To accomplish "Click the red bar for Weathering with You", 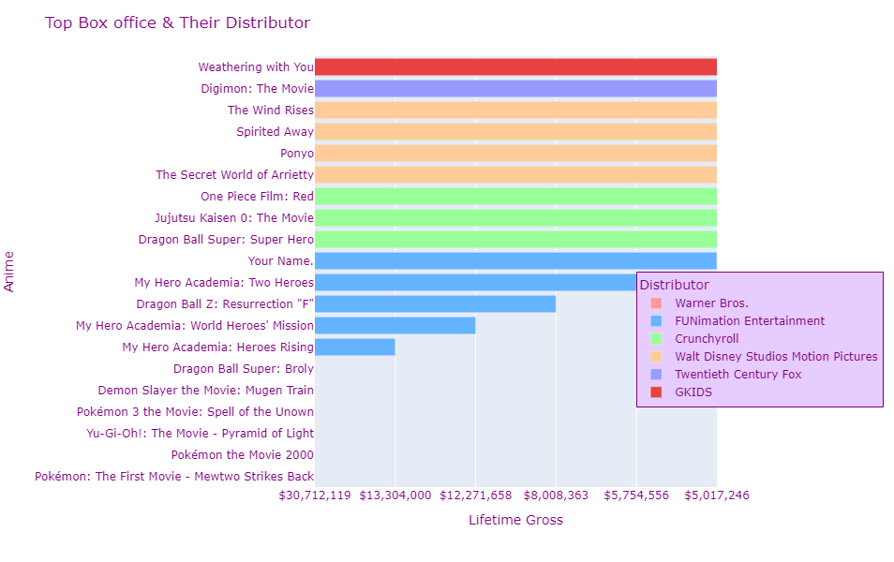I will (515, 67).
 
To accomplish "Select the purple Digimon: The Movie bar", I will (515, 88).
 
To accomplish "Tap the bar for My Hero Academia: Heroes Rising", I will (354, 347).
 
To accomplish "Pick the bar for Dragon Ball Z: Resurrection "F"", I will (435, 303).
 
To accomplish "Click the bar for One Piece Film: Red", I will (515, 196).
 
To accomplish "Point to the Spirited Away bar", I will (515, 131).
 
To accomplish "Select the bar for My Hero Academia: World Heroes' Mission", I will (395, 325).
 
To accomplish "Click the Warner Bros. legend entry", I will (711, 303).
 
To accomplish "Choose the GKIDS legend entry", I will (693, 392).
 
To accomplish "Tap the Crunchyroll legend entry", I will (707, 338).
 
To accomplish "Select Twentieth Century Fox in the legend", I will (738, 374).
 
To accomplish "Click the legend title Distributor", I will (674, 285).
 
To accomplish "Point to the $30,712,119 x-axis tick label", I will (315, 495).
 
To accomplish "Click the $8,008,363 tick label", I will (556, 495).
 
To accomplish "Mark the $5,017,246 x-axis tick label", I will (717, 495).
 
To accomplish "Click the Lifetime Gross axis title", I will (515, 520).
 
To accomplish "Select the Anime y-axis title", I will (10, 272).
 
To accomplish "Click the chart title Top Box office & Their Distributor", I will (177, 22).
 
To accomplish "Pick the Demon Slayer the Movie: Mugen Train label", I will (206, 390).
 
